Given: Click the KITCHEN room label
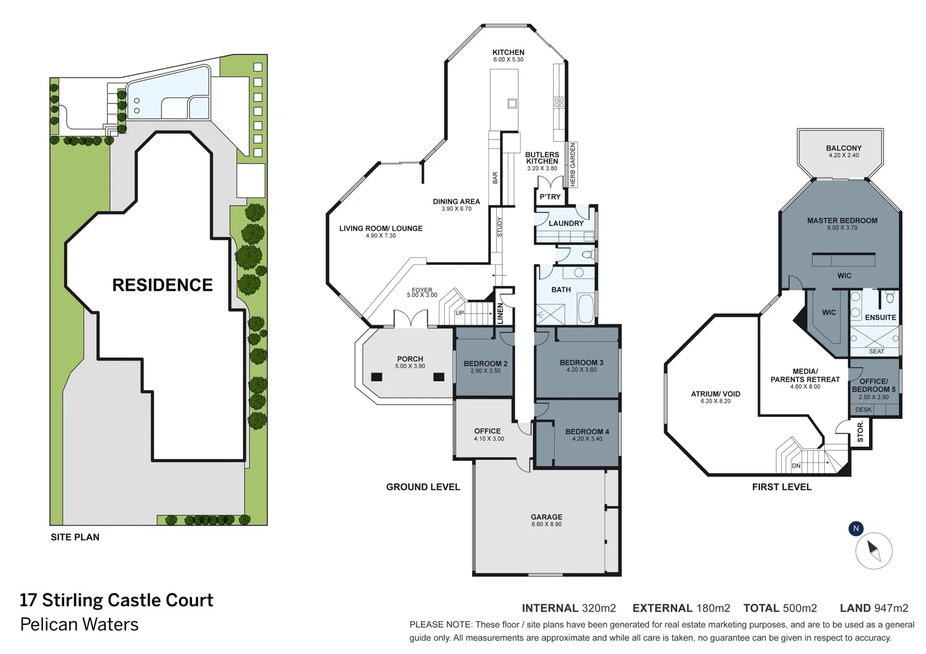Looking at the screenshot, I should click(x=508, y=53).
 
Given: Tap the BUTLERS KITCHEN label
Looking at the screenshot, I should click(x=542, y=158).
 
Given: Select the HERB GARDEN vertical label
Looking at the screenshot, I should click(x=573, y=165).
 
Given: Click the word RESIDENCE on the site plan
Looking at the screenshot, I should click(x=162, y=285).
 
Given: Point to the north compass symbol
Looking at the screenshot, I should click(x=873, y=550).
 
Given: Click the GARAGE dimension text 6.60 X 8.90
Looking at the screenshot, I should click(x=546, y=524).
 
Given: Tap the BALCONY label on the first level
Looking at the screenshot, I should click(x=843, y=148).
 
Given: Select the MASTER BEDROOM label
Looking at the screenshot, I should click(x=842, y=220).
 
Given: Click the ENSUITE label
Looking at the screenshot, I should click(x=880, y=317).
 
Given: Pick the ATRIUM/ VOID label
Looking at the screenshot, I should click(x=715, y=394).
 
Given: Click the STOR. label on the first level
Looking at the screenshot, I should click(x=860, y=431).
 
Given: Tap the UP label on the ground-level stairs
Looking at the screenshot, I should click(x=459, y=313).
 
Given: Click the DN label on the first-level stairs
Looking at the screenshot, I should click(x=796, y=466).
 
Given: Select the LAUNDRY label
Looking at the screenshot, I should click(x=565, y=223).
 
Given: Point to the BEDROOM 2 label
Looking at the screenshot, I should click(x=485, y=363).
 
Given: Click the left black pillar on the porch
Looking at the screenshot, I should click(x=376, y=377).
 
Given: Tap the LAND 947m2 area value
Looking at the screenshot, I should click(x=874, y=608).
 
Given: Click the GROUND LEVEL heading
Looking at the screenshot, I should click(x=423, y=487).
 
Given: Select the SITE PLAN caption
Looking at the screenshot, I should click(x=75, y=537).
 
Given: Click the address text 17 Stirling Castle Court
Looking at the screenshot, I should click(x=116, y=600).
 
